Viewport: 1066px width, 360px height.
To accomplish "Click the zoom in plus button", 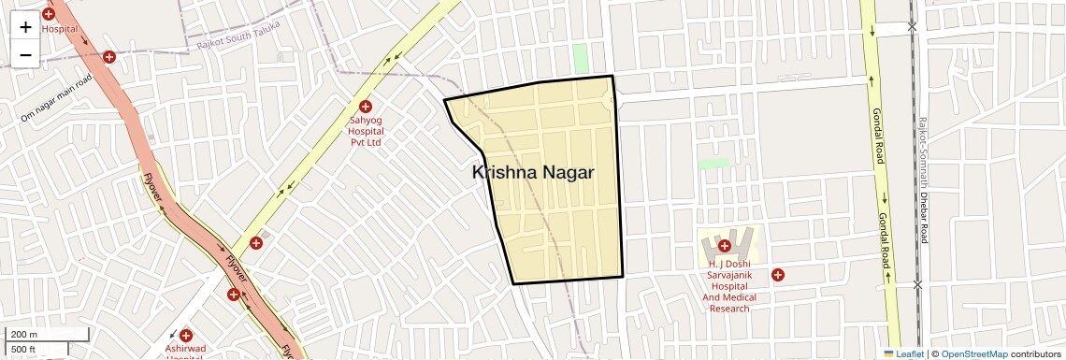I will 25,26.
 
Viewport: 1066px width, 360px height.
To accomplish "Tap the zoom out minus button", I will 25,54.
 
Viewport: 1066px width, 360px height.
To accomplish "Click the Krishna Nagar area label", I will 533,173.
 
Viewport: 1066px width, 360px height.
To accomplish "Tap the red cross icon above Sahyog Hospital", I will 366,107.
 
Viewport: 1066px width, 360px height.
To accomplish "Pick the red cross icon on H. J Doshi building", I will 724,246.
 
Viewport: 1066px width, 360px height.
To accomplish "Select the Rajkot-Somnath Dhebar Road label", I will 922,181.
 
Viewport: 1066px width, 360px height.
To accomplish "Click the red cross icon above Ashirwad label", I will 185,335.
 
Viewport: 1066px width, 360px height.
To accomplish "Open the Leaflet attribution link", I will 902,353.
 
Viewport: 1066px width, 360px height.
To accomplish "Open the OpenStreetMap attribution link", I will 973,353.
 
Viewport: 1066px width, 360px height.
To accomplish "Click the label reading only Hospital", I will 59,29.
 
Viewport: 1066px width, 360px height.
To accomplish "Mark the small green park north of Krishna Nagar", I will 581,57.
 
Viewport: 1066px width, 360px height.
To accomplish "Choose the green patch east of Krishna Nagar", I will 713,163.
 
